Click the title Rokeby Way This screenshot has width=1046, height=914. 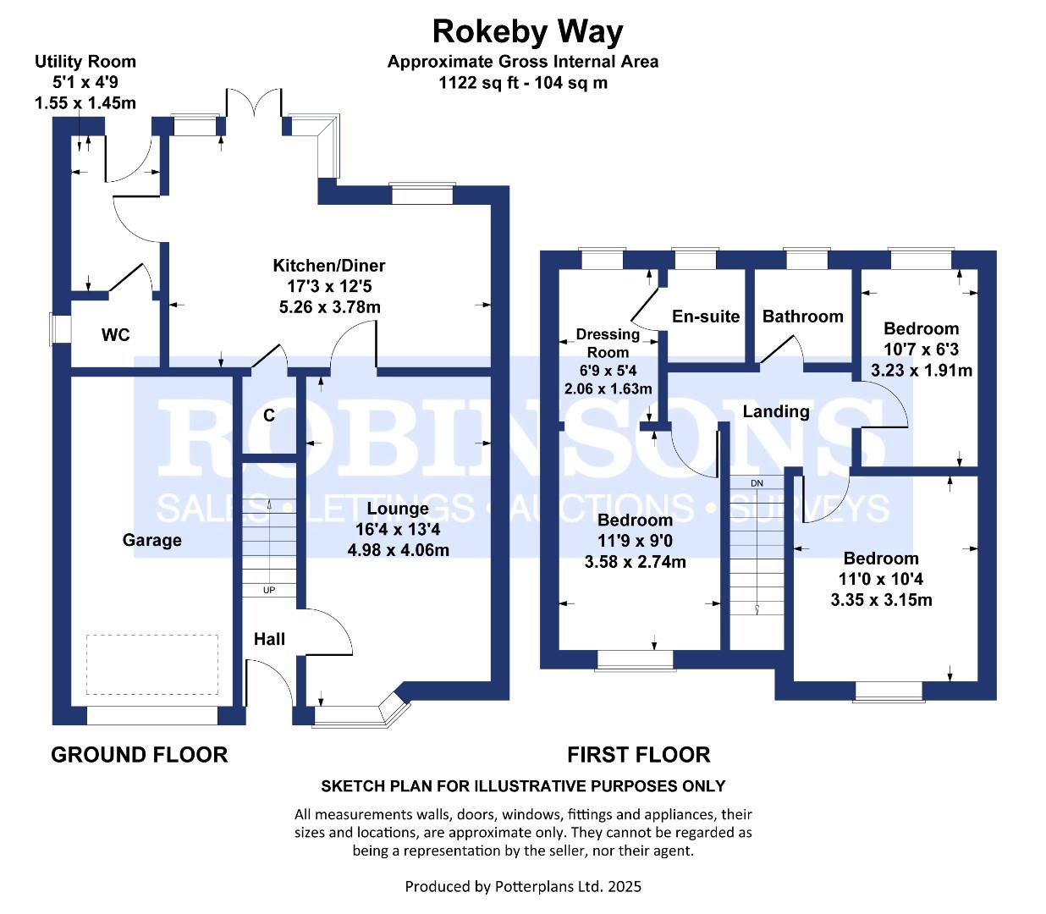point(527,32)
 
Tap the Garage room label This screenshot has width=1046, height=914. point(151,540)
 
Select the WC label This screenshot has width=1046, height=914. point(116,335)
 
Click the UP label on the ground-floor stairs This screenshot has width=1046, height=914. point(269,590)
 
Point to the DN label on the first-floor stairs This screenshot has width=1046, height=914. point(757,483)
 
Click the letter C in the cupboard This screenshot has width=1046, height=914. point(269,415)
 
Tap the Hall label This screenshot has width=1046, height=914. point(269,639)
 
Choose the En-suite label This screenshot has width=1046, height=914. point(706,317)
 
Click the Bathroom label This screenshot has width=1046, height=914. point(802,317)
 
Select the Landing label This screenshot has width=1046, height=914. point(775,412)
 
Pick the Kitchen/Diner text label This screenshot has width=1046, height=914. point(328,266)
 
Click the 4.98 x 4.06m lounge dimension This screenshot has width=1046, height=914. point(399,551)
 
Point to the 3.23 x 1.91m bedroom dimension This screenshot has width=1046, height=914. point(922,370)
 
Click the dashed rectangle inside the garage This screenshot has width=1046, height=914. point(152,664)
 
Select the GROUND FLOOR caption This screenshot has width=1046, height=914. point(139,755)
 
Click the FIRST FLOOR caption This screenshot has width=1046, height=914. point(639,755)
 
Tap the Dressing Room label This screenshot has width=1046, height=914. point(608,343)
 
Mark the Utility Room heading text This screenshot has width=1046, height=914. point(85,62)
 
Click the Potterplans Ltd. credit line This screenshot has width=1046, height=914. point(523,886)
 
